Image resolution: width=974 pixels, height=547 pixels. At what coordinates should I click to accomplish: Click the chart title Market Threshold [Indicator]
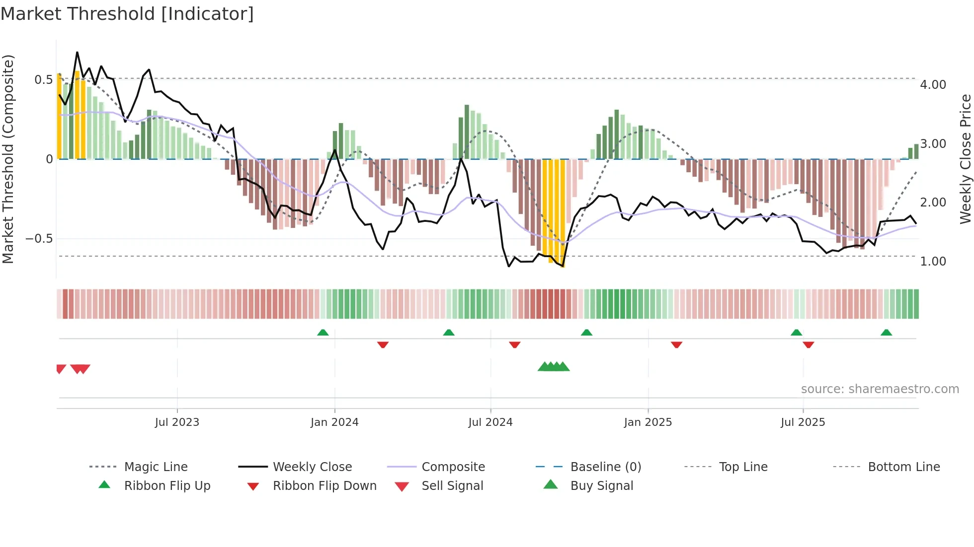pos(127,14)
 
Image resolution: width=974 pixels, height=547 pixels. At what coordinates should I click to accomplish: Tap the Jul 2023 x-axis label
pos(177,422)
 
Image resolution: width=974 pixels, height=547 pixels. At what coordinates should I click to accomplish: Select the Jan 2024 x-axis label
pos(334,422)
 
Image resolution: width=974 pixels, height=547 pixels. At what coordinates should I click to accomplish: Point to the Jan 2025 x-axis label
pos(648,422)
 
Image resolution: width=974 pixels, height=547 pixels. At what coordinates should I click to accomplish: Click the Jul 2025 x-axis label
pos(803,422)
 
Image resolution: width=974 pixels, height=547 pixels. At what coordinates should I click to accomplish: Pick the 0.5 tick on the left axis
pos(43,80)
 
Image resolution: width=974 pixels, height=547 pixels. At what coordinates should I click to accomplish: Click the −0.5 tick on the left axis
pos(39,239)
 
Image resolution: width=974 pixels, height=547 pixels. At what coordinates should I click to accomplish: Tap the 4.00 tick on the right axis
pos(933,85)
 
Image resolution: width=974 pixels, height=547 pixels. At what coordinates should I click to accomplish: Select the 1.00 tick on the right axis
pos(933,262)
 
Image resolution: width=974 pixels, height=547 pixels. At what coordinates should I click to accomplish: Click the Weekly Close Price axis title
pos(965,159)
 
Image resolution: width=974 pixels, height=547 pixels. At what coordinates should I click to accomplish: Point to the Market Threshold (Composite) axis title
pos(8,159)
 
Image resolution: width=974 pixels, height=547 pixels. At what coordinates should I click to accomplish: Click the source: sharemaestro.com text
pos(880,389)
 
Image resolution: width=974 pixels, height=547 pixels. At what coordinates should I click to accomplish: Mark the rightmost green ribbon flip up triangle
pos(886,333)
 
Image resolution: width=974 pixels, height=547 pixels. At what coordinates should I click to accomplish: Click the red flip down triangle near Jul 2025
pos(808,344)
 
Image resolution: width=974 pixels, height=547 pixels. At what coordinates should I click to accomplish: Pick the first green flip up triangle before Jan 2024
pos(323,333)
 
